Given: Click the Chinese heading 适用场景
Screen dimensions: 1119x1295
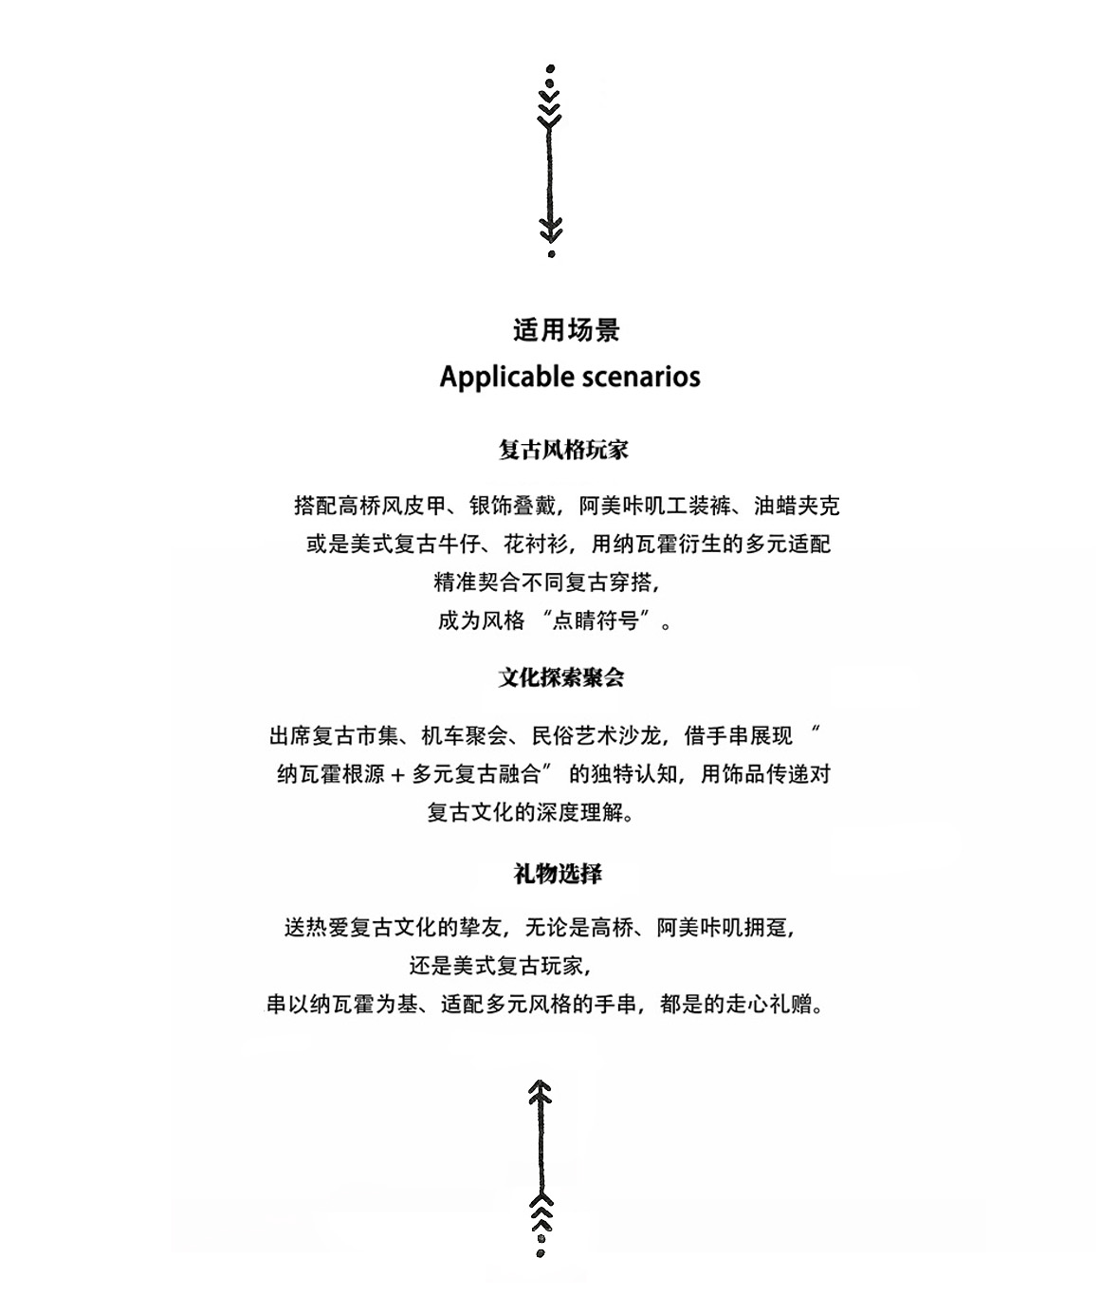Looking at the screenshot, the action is click(x=566, y=330).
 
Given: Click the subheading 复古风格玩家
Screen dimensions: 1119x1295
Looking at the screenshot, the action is click(x=563, y=450).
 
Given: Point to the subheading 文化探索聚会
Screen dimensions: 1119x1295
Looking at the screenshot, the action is click(x=561, y=677).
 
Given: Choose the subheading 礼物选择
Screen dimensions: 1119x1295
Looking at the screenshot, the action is click(x=558, y=873).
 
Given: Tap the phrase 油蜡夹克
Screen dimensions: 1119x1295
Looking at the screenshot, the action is click(x=797, y=506).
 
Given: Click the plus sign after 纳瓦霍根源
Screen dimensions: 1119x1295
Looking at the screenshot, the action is click(x=397, y=775).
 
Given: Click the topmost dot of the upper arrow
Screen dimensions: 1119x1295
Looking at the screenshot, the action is click(x=551, y=69).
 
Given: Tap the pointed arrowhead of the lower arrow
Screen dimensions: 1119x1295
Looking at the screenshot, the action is click(x=541, y=1086).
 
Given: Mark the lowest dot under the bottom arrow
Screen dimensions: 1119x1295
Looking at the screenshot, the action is click(x=541, y=1253).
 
